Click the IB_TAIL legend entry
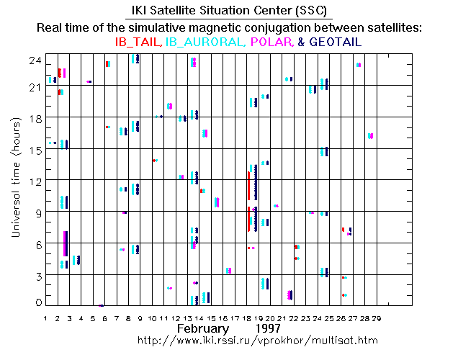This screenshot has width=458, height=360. click(139, 42)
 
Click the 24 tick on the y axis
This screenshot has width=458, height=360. click(33, 61)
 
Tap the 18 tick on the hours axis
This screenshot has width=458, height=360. click(33, 118)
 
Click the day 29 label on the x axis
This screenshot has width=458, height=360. click(376, 317)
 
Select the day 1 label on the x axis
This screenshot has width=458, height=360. click(45, 317)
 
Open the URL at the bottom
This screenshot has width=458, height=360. click(256, 339)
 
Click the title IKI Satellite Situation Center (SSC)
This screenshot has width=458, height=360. click(228, 11)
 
